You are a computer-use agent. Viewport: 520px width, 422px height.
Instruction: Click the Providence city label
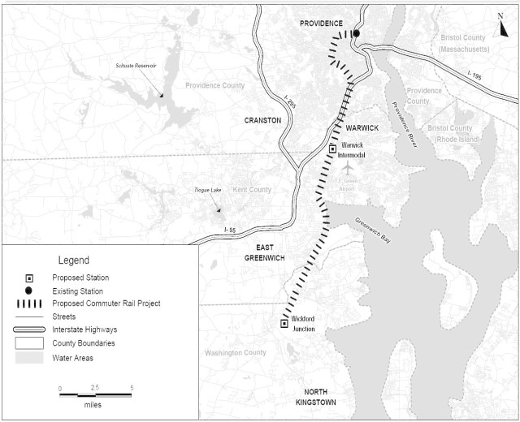(321, 24)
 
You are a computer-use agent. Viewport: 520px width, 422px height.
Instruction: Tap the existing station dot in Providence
(356, 34)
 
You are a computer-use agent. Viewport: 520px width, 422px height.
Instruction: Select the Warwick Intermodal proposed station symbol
(332, 149)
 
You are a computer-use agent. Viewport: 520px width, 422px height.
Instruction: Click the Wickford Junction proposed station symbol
(284, 323)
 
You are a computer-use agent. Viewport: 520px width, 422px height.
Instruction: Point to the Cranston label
(262, 120)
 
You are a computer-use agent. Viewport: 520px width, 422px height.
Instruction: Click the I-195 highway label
(479, 76)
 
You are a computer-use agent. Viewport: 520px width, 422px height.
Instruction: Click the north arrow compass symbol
(503, 22)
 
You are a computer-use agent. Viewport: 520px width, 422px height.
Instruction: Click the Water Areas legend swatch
(28, 358)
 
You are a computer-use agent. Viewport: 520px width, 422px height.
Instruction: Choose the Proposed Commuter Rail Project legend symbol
(28, 304)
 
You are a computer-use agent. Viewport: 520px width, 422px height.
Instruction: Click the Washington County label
(235, 353)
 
